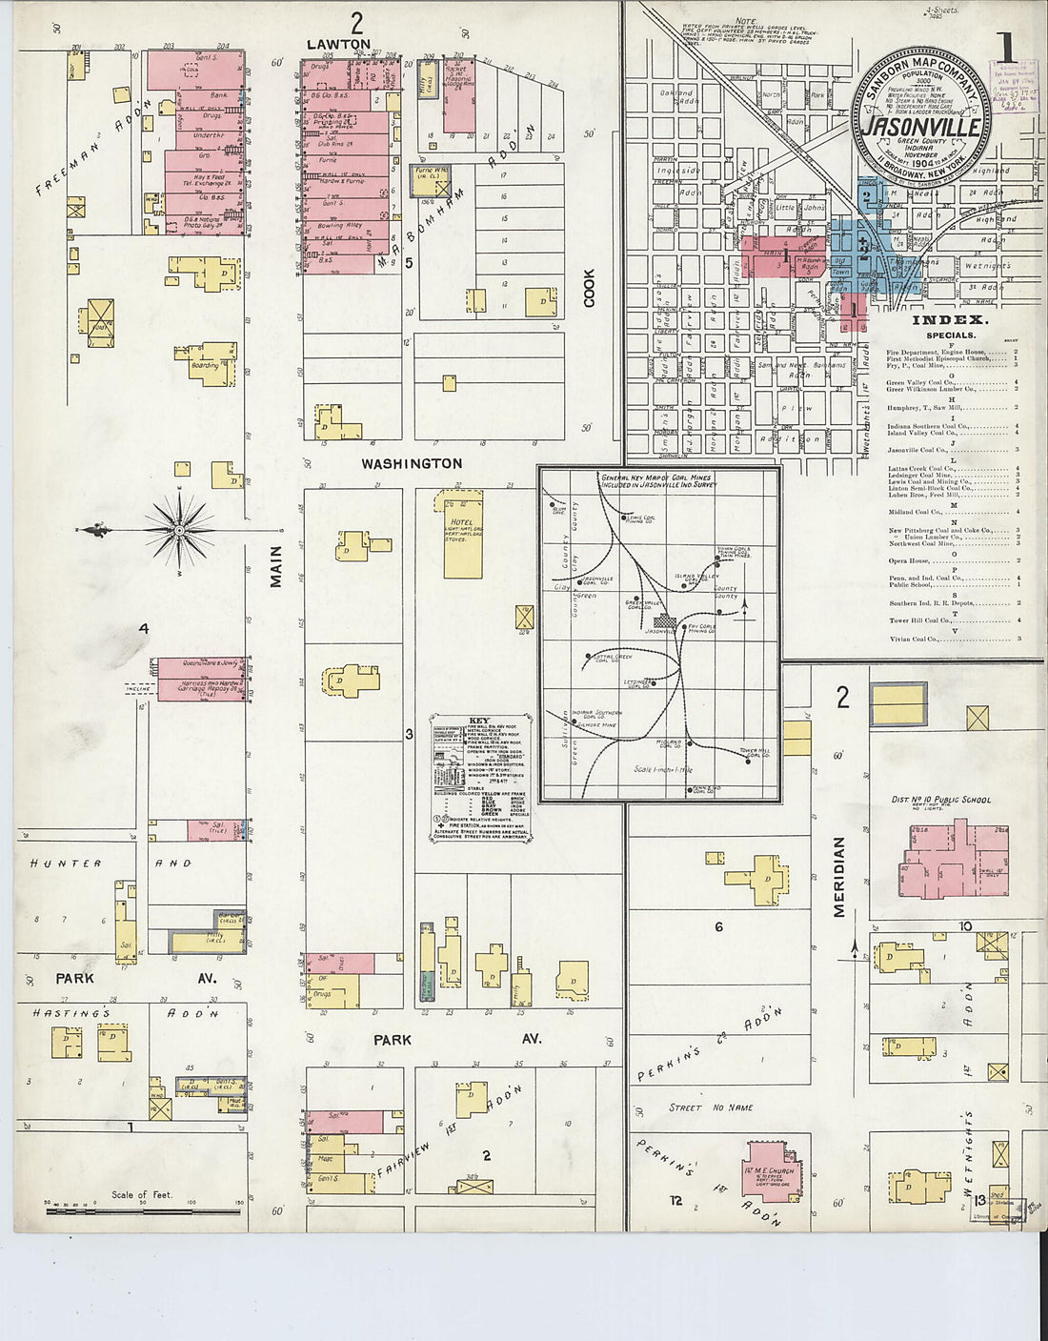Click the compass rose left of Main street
pos(178,530)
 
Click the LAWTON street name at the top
pos(338,44)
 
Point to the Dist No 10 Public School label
pos(940,800)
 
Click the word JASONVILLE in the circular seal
pos(920,127)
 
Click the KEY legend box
pos(480,778)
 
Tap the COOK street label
pos(590,287)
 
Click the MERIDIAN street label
pos(839,877)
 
